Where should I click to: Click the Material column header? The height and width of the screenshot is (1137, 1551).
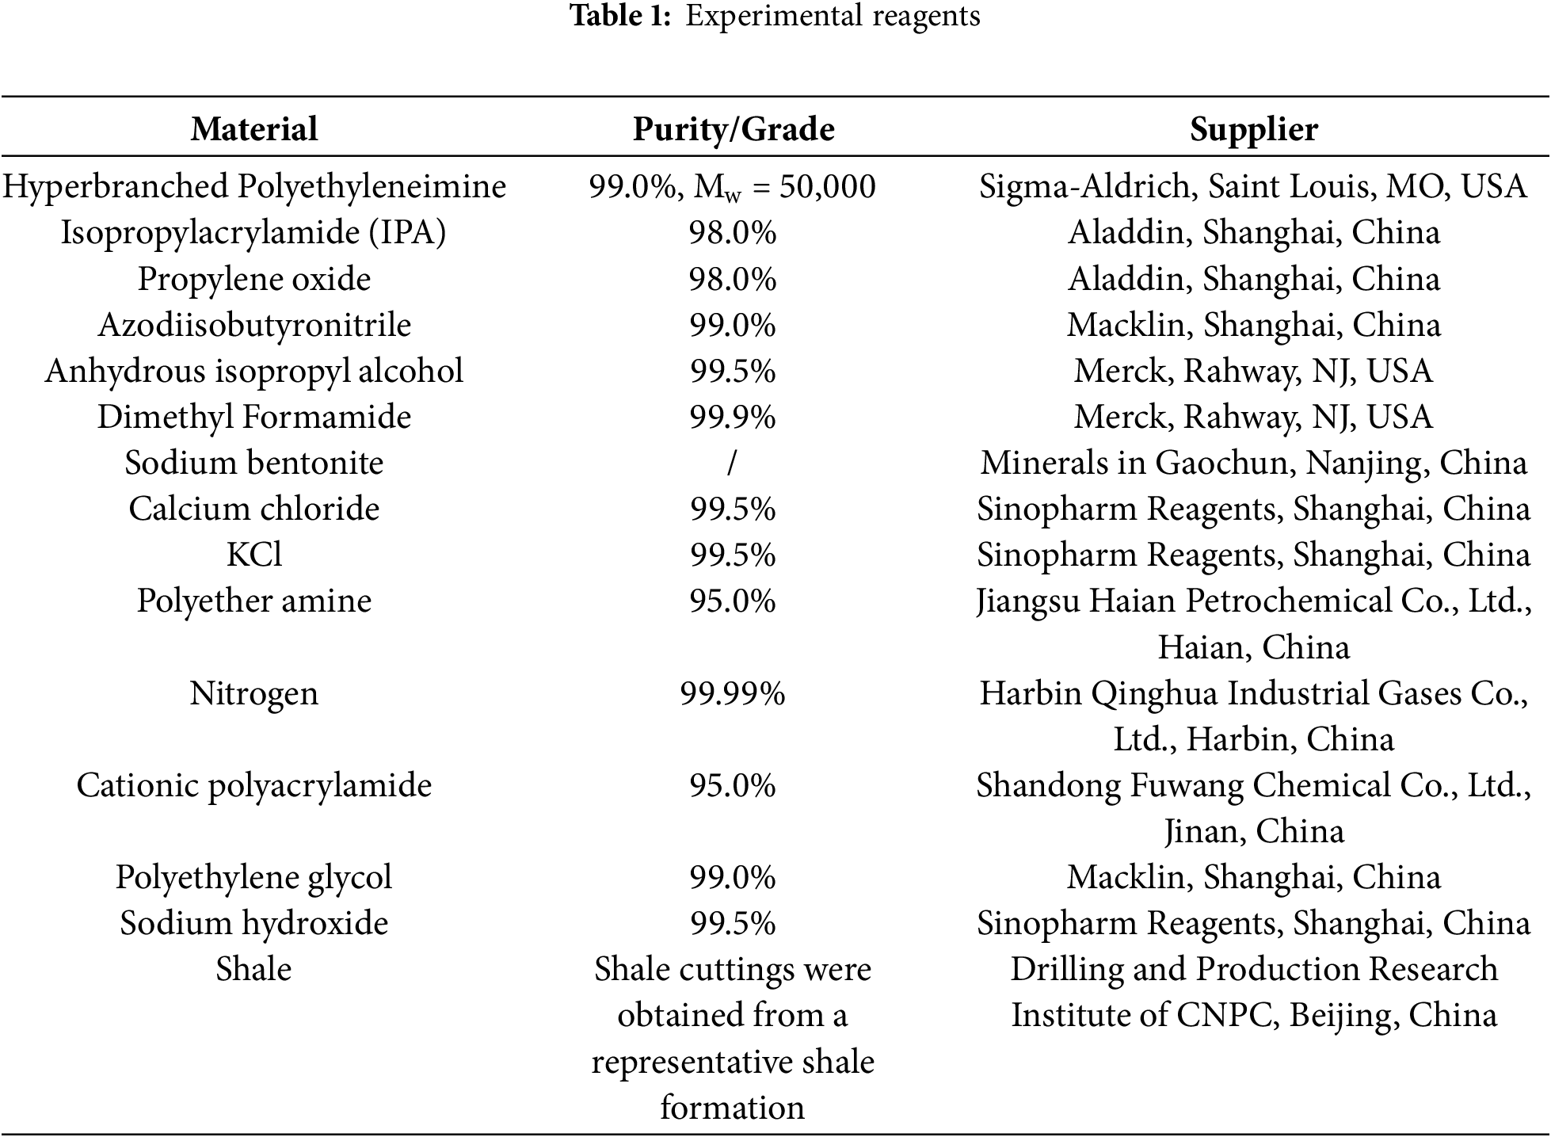point(254,129)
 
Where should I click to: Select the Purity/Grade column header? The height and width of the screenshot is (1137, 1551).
point(733,129)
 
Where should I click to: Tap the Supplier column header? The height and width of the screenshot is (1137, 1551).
point(1253,129)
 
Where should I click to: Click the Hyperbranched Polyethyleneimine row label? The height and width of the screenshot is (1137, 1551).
point(254,187)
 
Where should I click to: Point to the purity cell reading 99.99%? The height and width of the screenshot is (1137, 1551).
point(733,694)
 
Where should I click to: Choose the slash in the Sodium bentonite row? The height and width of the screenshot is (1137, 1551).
point(732,464)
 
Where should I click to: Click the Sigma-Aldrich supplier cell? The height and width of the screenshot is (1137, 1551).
point(1253,187)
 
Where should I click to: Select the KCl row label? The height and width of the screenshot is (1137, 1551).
point(254,555)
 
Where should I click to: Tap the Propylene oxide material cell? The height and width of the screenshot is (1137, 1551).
point(254,279)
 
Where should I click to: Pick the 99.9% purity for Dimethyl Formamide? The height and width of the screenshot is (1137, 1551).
point(733,418)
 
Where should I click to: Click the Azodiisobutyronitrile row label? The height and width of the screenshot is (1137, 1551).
point(254,325)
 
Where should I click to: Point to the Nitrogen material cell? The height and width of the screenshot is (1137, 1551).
point(254,694)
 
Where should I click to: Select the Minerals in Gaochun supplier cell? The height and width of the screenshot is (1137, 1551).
point(1253,464)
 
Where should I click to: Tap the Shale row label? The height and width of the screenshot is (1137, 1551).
point(254,970)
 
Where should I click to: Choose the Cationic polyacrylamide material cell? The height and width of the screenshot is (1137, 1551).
point(254,786)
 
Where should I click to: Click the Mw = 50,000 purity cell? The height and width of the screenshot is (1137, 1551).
point(733,187)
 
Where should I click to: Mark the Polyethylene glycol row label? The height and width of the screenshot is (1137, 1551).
point(254,878)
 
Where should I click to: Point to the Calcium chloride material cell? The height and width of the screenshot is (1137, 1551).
point(254,509)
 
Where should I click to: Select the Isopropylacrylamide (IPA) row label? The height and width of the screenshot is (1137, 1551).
point(254,233)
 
